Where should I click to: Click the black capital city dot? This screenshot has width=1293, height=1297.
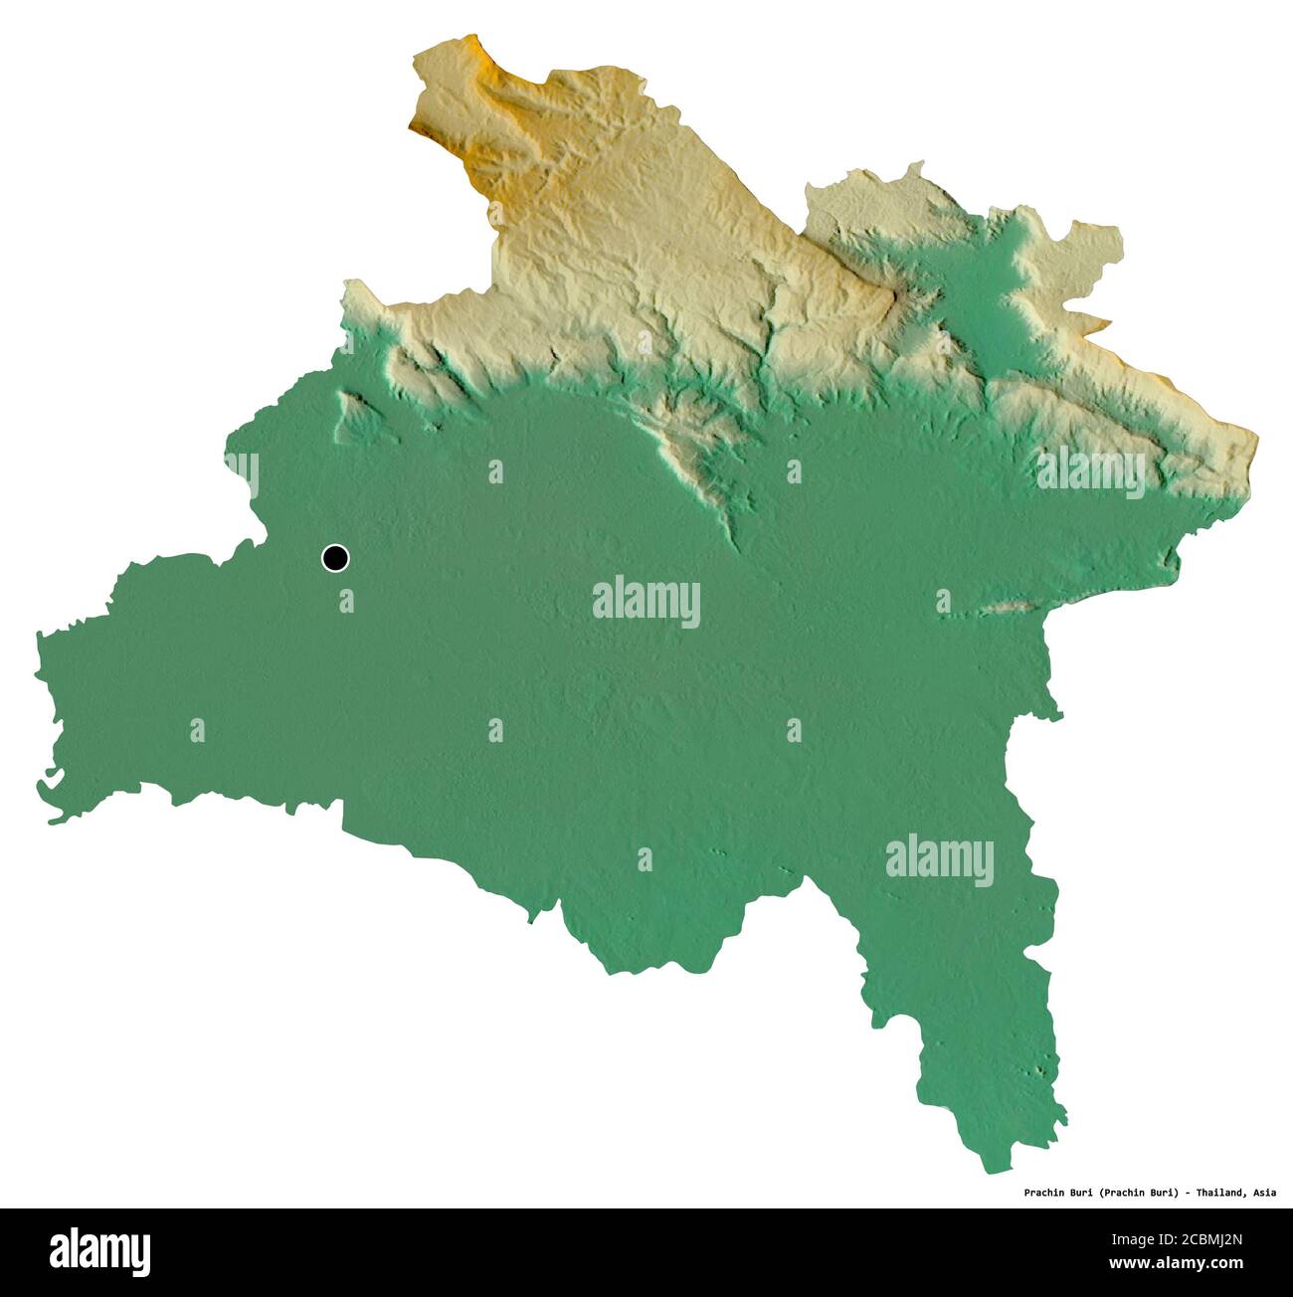click(x=336, y=558)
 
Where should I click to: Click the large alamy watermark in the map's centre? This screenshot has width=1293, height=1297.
click(x=646, y=602)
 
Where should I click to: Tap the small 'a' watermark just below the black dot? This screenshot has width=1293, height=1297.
click(x=346, y=601)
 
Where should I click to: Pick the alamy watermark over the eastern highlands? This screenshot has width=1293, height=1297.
click(x=1090, y=469)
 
